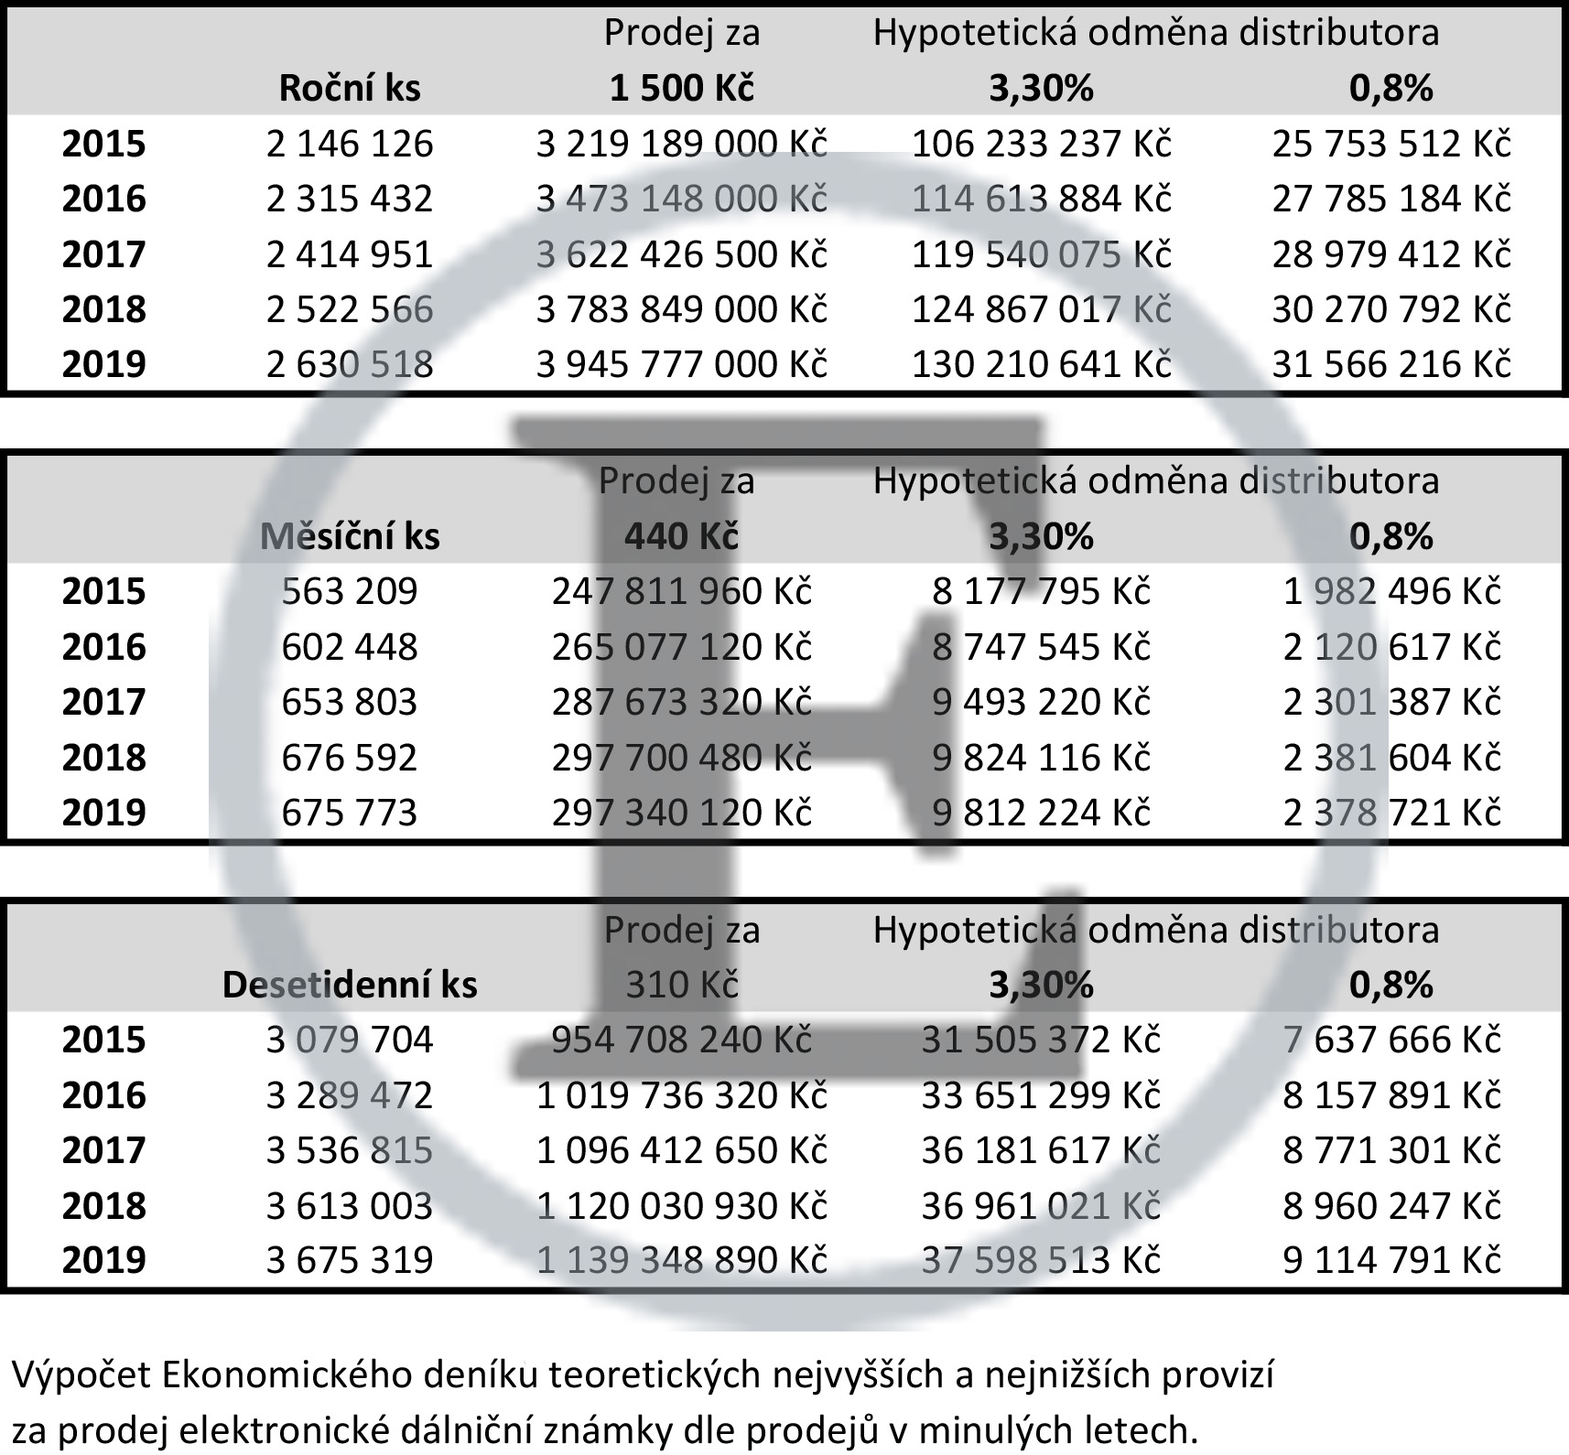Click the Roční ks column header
(350, 88)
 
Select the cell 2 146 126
(350, 144)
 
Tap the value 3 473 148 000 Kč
(681, 199)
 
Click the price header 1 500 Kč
(682, 88)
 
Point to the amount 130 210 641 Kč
(1041, 364)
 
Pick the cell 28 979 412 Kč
(1390, 254)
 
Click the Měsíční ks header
(350, 536)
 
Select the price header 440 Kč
(682, 536)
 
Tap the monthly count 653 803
(350, 702)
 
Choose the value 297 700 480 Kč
(681, 758)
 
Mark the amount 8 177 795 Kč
(1041, 591)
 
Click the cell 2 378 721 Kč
(1391, 813)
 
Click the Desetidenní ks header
(350, 985)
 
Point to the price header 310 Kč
(682, 985)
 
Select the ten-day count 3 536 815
(350, 1150)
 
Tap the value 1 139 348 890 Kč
(681, 1260)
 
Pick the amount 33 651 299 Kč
(1041, 1095)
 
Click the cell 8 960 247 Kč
(1391, 1205)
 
